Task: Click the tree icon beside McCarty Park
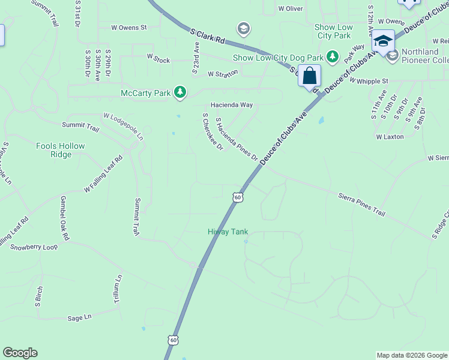coord(179,92)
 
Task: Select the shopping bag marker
coord(310,76)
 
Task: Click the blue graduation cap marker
coord(383,41)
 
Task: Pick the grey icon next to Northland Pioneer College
coord(393,56)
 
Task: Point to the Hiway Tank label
coord(228,232)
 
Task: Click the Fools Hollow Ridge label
coord(61,150)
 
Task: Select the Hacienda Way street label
coord(231,104)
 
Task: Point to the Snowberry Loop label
coord(34,247)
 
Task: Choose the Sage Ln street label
coord(79,317)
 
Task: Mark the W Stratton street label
coord(223,73)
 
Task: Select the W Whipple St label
coord(369,80)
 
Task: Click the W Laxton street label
coord(390,137)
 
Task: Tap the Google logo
coord(20,353)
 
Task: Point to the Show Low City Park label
coord(333,32)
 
